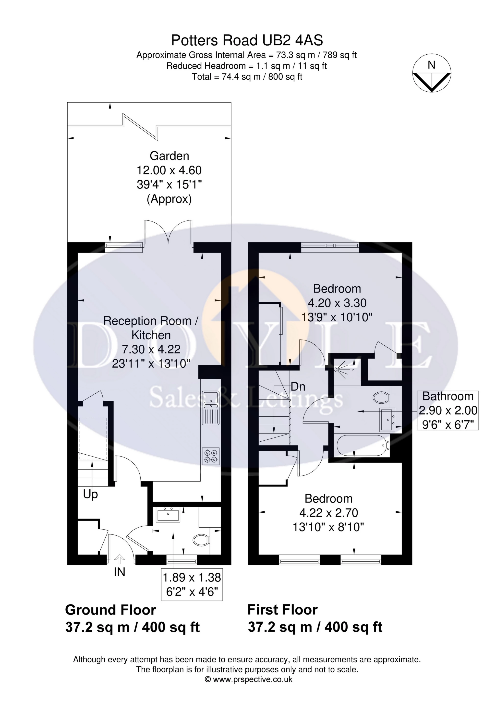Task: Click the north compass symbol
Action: pos(432,73)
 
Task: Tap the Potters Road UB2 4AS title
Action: pos(247,40)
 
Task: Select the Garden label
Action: pos(169,156)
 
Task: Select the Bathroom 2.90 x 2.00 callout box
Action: pos(448,411)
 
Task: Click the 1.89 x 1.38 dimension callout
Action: pos(192,585)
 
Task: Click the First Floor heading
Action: pos(283,610)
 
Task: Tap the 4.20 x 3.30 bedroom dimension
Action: pos(337,303)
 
